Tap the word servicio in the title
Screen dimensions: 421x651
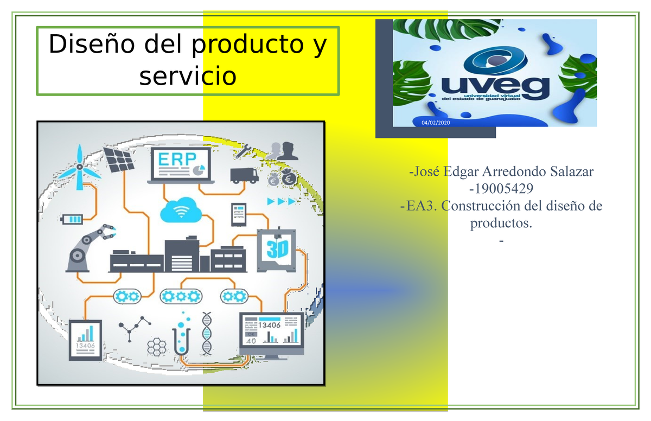[188, 76]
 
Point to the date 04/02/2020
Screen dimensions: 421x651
[436, 124]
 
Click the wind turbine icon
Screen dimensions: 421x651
[79, 162]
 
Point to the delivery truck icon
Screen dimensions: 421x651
[244, 175]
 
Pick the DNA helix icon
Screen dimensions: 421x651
[207, 333]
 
